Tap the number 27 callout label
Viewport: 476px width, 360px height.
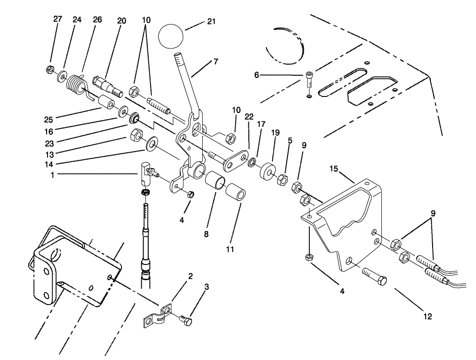(58, 19)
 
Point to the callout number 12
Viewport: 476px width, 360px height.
(428, 316)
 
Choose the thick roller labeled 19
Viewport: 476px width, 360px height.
(267, 172)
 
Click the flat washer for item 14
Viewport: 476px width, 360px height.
(151, 145)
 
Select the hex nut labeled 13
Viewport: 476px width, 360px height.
(137, 135)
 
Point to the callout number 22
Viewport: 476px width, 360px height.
(249, 117)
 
